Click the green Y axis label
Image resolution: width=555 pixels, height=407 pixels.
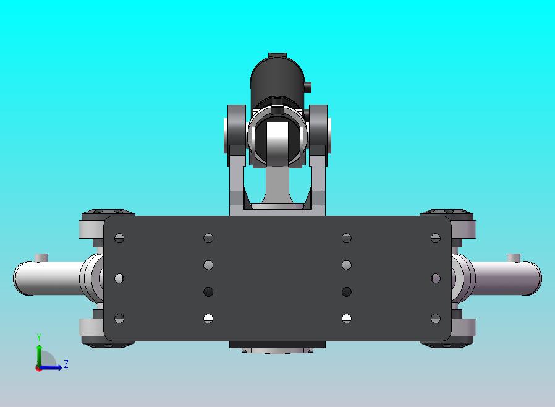click(x=39, y=338)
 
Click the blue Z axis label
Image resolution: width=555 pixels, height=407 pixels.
click(x=66, y=364)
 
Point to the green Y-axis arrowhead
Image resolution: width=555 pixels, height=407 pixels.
click(x=40, y=348)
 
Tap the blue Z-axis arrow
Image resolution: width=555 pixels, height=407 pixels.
click(x=50, y=367)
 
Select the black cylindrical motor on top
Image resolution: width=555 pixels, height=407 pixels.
click(x=277, y=79)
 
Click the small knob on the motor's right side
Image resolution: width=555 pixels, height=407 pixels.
click(x=308, y=87)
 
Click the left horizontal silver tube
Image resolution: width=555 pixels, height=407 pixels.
click(x=49, y=278)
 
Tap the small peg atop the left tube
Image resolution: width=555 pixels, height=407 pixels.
click(x=41, y=257)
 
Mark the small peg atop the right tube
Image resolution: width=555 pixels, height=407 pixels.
click(x=514, y=258)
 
